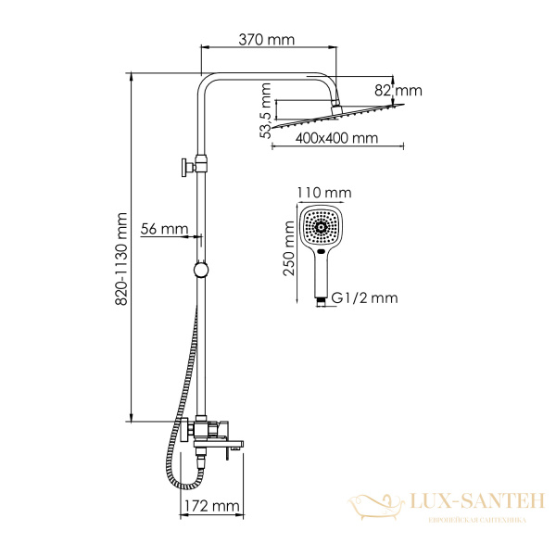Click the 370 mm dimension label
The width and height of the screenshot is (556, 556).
tap(266, 40)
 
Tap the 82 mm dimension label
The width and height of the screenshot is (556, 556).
tap(398, 91)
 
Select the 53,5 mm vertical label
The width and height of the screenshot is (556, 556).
tap(265, 110)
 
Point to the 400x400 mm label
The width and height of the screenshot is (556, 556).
tap(336, 138)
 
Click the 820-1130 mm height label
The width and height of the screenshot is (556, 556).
tap(121, 259)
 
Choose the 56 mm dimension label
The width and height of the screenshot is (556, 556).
tap(164, 229)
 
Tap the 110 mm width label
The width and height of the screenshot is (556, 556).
tap(324, 193)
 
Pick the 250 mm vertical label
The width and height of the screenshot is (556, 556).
tap(289, 247)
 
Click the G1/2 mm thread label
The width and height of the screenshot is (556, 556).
tap(364, 297)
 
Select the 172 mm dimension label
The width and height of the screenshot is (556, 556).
tap(211, 506)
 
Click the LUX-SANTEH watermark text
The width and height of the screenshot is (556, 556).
tap(476, 501)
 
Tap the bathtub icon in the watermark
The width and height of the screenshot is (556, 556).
tap(375, 507)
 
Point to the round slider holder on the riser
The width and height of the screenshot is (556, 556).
tap(201, 270)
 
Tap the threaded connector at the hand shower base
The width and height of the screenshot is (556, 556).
tap(321, 301)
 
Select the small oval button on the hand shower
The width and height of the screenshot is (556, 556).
tap(322, 252)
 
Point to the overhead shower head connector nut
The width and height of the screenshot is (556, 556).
tap(335, 108)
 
